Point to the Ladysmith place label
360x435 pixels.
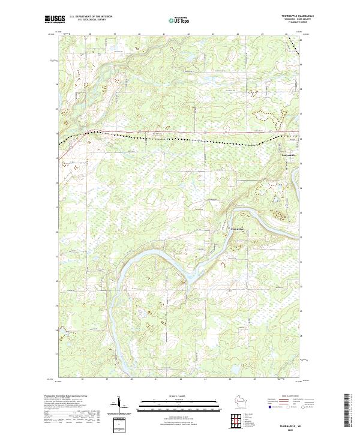point(289,156)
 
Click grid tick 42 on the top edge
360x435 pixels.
point(188,35)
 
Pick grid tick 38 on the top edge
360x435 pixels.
point(90,35)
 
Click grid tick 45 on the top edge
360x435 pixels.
point(262,35)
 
